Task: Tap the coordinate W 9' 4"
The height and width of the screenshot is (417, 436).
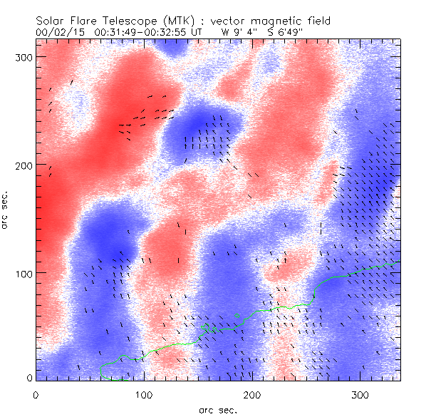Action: pos(240,32)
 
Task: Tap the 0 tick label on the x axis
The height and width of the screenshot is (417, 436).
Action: pos(36,394)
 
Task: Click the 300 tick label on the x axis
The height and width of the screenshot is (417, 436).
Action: pos(360,394)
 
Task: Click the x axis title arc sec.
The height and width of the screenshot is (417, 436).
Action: pos(218,409)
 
